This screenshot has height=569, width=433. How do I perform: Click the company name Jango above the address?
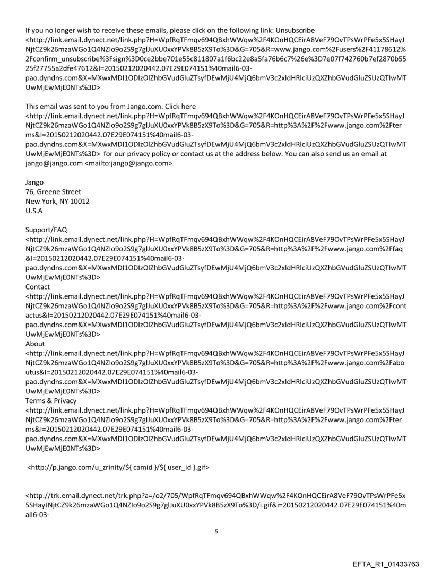pos(35,182)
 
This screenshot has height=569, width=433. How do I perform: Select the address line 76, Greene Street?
pos(53,191)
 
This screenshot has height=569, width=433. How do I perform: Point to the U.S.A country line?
pos(34,211)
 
